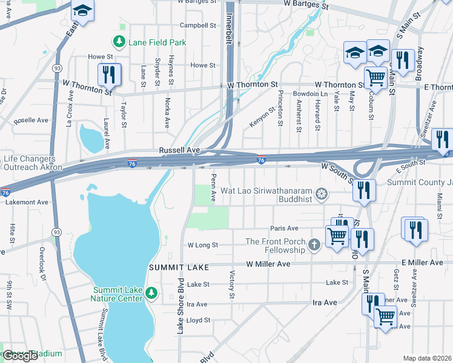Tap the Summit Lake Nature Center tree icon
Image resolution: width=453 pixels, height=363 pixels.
tap(151, 294)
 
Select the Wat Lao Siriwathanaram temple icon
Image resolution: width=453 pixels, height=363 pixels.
tap(322, 194)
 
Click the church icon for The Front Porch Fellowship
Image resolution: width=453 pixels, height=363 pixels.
tap(314, 245)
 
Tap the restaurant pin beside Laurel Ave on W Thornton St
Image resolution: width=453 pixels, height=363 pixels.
tap(110, 74)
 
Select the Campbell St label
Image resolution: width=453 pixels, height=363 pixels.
tap(198, 26)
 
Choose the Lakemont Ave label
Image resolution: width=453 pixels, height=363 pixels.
tap(25, 202)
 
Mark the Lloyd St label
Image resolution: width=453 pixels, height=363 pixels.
tap(198, 320)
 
